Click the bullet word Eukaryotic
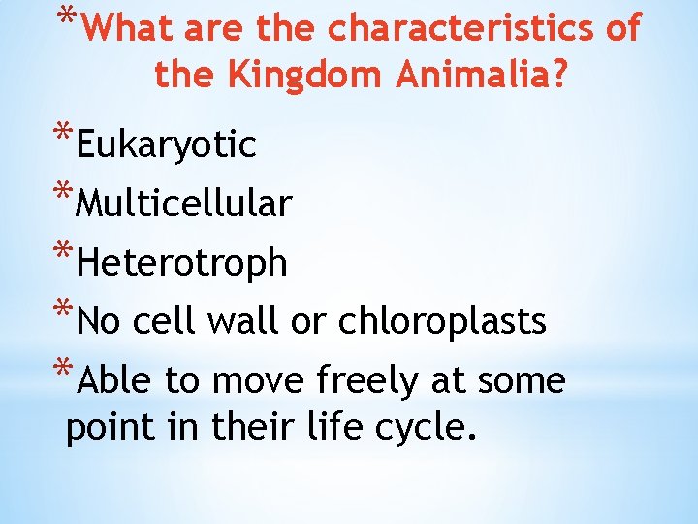point(166,146)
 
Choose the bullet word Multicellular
point(183,204)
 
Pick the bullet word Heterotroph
point(181,262)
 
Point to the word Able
point(115,380)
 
